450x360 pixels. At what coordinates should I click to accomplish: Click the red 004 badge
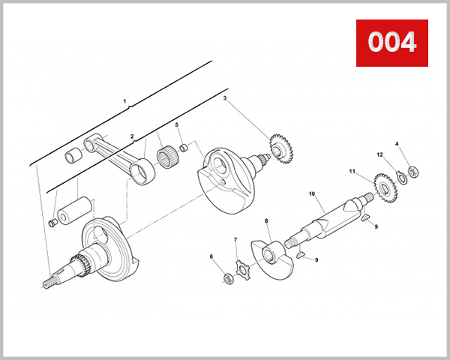[x=391, y=42]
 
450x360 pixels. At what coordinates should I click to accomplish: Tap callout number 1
[x=125, y=100]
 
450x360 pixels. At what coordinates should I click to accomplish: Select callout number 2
[x=132, y=136]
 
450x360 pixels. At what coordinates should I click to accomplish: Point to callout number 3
[x=225, y=97]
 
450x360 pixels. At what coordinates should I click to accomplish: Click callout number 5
[x=177, y=124]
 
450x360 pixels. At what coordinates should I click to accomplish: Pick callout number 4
[x=397, y=143]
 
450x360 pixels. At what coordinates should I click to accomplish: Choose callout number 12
[x=380, y=155]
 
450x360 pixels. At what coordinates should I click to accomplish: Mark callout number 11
[x=351, y=172]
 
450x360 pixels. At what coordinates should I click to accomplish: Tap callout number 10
[x=311, y=193]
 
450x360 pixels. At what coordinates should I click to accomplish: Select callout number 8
[x=266, y=221]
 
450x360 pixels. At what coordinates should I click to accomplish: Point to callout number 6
[x=211, y=256]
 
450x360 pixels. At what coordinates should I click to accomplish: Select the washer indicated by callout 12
[x=400, y=178]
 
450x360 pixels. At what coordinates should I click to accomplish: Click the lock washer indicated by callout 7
[x=244, y=268]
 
